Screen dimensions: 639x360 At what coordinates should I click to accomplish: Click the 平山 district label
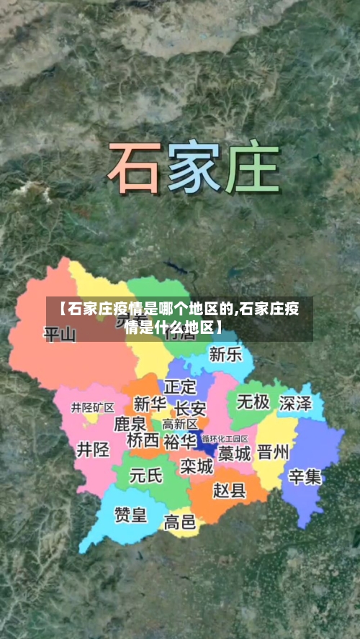(x=60, y=335)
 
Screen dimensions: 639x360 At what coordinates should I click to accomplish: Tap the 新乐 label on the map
(x=225, y=355)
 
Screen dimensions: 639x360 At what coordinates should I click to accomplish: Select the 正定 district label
(x=180, y=387)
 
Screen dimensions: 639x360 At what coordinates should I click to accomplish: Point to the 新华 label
(x=150, y=404)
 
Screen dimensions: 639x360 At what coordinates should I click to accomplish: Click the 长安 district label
(x=190, y=407)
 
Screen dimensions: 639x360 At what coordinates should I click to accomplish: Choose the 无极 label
(x=253, y=402)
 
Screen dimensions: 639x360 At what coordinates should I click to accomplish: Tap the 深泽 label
(x=296, y=403)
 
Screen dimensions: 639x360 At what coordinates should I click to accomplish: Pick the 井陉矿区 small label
(x=92, y=407)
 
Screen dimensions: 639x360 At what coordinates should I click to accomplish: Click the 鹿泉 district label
(x=130, y=423)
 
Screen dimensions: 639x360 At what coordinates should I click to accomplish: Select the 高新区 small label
(x=180, y=424)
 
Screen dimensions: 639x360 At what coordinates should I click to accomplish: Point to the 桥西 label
(x=143, y=440)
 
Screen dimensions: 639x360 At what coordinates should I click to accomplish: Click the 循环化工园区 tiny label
(x=225, y=438)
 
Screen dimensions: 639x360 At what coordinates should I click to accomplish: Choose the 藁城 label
(x=235, y=453)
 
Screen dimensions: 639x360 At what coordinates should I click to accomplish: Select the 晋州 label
(x=274, y=453)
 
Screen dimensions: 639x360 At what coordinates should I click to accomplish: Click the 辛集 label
(x=305, y=476)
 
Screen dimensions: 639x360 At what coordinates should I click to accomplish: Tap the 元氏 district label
(x=146, y=476)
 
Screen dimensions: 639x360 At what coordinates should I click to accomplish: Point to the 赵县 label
(x=230, y=491)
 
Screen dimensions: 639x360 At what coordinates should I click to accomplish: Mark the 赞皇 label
(x=130, y=515)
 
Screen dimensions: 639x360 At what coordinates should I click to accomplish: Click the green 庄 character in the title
(x=251, y=168)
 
